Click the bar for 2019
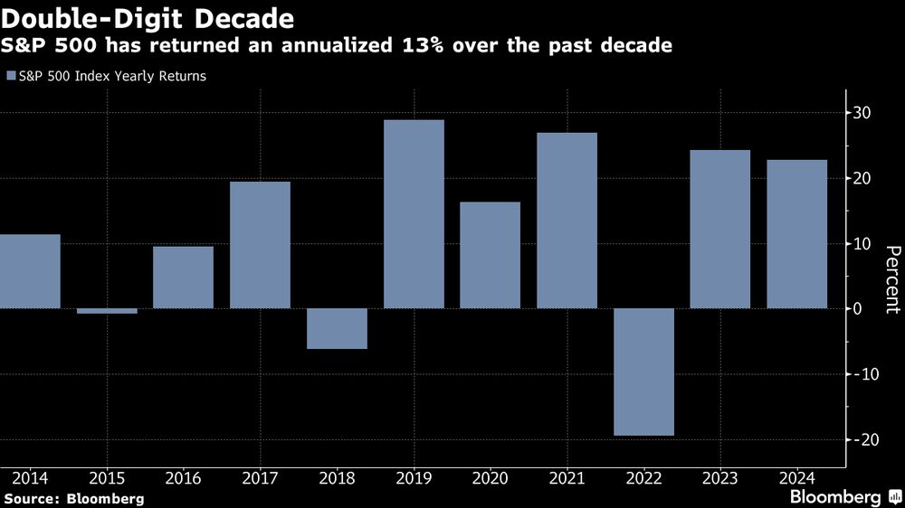tap(414, 213)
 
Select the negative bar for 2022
tap(643, 372)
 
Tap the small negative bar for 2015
tap(107, 311)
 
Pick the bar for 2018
tap(337, 328)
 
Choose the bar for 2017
tap(260, 244)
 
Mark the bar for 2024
tap(796, 233)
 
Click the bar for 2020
tap(490, 255)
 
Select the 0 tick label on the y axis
tap(864, 309)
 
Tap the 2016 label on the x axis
tap(184, 477)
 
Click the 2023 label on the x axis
tap(720, 477)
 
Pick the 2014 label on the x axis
tap(30, 477)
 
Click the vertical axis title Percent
tap(891, 279)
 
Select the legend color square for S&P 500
tap(11, 77)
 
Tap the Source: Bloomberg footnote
tap(72, 498)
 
